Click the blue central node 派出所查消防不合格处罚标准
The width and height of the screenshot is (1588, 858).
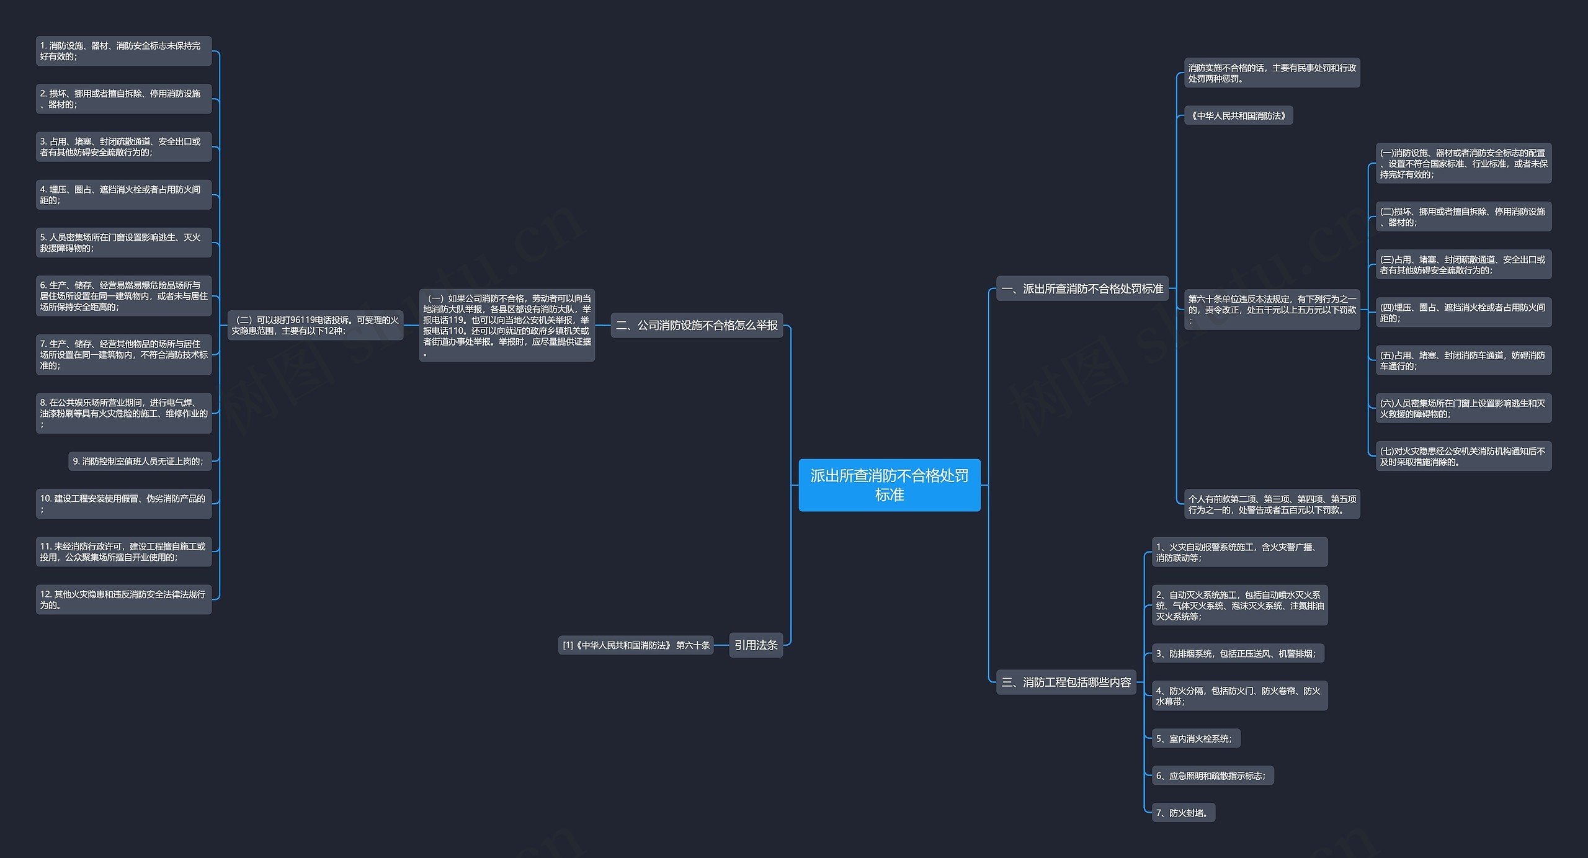tap(889, 485)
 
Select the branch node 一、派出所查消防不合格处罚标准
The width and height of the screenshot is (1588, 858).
tap(1082, 288)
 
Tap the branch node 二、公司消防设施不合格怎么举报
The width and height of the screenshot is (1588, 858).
tap(697, 325)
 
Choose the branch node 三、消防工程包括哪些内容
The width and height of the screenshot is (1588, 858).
tap(1066, 682)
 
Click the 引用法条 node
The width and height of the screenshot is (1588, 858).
tap(756, 645)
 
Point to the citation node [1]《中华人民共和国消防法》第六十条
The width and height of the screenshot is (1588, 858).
tap(636, 645)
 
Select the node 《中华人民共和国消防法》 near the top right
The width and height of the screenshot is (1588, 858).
tap(1238, 115)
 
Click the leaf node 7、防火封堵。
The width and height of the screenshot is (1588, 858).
tap(1183, 812)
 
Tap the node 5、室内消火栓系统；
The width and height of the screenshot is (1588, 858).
tap(1196, 738)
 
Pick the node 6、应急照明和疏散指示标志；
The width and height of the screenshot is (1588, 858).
tap(1213, 775)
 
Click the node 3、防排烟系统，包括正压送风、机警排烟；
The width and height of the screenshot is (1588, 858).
tap(1238, 653)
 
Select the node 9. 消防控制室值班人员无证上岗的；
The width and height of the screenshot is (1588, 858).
tap(140, 461)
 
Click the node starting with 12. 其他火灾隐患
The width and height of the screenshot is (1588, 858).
tap(123, 599)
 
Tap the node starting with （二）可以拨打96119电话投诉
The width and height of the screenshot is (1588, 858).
tap(315, 325)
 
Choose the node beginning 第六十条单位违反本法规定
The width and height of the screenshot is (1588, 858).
tap(1272, 309)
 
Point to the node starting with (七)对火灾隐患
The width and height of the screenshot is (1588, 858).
tap(1463, 456)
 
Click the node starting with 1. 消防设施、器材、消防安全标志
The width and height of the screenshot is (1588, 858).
tap(123, 51)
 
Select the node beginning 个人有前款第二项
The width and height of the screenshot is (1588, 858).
tap(1272, 504)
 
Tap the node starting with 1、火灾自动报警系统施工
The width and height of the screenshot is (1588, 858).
tap(1239, 552)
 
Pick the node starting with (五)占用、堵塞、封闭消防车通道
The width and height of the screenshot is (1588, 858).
tap(1463, 360)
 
